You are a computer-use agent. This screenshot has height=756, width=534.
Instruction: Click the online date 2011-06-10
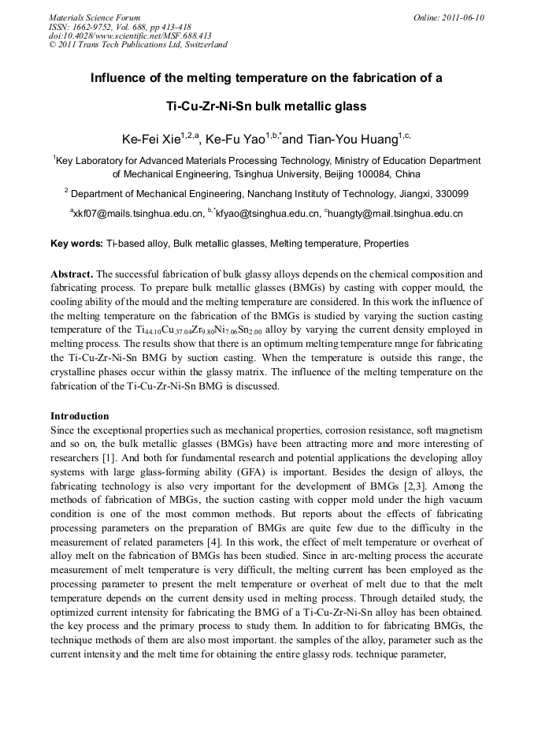462,17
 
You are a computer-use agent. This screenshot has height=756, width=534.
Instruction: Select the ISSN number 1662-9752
87,26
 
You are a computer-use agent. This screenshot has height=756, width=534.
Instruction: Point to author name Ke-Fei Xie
151,140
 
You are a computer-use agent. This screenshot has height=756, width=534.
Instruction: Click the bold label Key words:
76,244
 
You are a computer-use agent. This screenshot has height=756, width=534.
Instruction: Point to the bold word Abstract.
72,274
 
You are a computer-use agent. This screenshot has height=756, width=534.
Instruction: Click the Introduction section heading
80,415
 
